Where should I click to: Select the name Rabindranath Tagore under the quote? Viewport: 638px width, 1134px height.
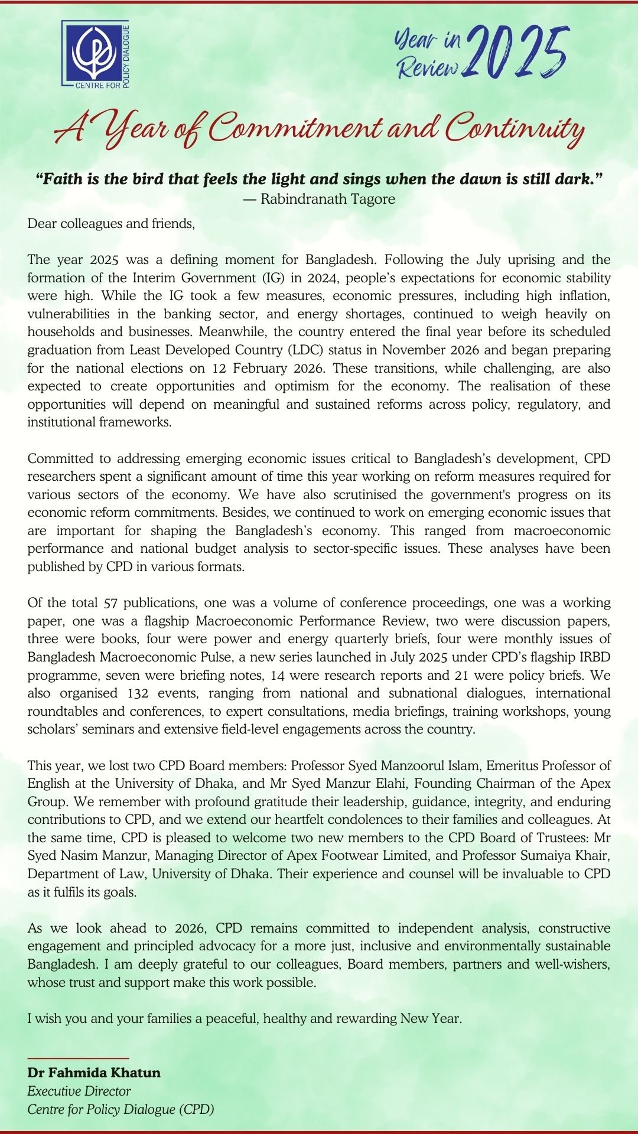point(328,199)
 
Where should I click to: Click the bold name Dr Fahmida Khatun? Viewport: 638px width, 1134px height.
point(94,1073)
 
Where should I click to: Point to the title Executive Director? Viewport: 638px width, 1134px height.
point(79,1091)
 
